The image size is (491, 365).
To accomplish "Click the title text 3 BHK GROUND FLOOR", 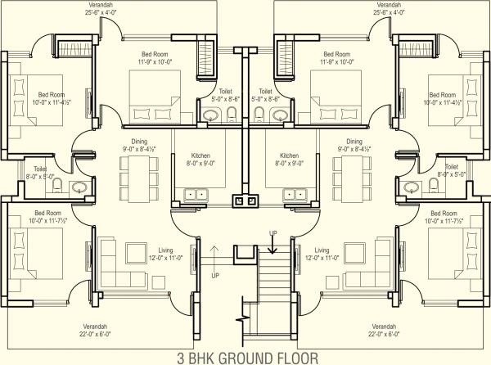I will pos(245,357).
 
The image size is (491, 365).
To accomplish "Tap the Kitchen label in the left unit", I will pos(200,155).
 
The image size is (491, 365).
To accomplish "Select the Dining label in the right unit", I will pos(354,141).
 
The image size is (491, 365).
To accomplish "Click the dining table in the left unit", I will pos(137,173).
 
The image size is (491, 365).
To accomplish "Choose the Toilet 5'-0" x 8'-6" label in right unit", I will pos(265,96).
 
